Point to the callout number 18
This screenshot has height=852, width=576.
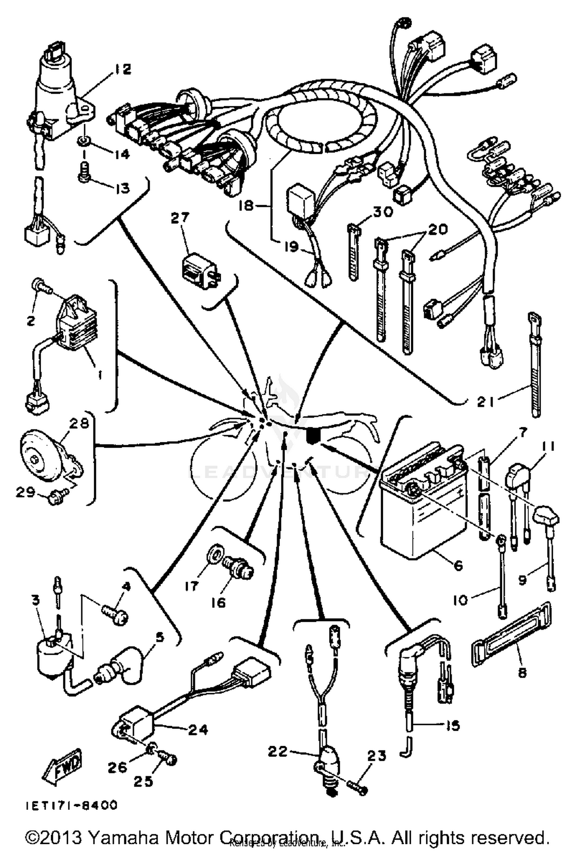tap(246, 206)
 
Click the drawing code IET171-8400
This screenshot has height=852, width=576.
tap(71, 805)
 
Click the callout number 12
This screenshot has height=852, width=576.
tap(122, 69)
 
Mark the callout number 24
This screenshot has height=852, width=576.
tap(199, 729)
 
